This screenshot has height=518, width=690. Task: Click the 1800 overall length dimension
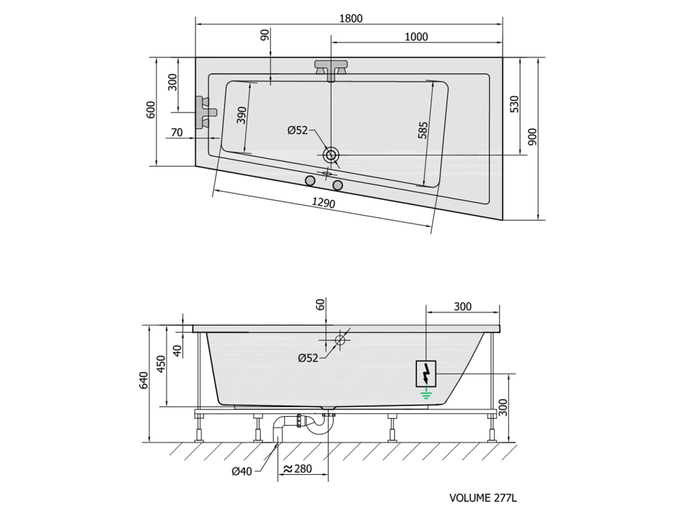(x=350, y=18)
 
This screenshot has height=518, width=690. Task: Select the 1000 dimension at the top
(x=416, y=36)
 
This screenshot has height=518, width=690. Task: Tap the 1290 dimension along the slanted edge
(x=323, y=202)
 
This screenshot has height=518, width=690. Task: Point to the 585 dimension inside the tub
(x=423, y=130)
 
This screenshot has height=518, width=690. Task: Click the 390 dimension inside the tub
(x=241, y=115)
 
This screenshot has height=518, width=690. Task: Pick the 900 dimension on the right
(x=532, y=137)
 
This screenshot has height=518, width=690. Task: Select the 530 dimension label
(x=514, y=104)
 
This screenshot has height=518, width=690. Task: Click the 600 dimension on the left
(x=150, y=110)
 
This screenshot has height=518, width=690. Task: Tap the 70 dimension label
(x=177, y=132)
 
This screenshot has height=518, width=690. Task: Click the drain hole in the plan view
(x=330, y=154)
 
